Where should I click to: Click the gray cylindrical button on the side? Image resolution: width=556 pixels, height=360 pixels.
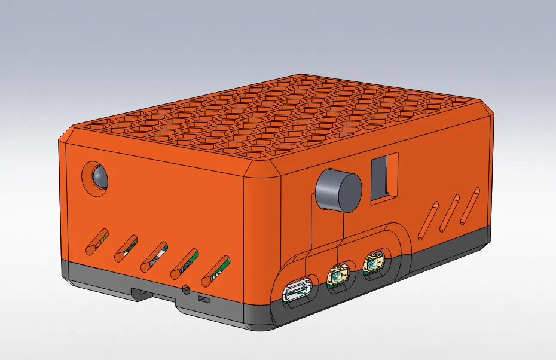[x=338, y=189]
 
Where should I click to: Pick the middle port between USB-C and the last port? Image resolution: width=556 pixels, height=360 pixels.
[x=338, y=275]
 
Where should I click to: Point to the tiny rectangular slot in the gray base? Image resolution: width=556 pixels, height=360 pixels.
[x=204, y=298]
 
